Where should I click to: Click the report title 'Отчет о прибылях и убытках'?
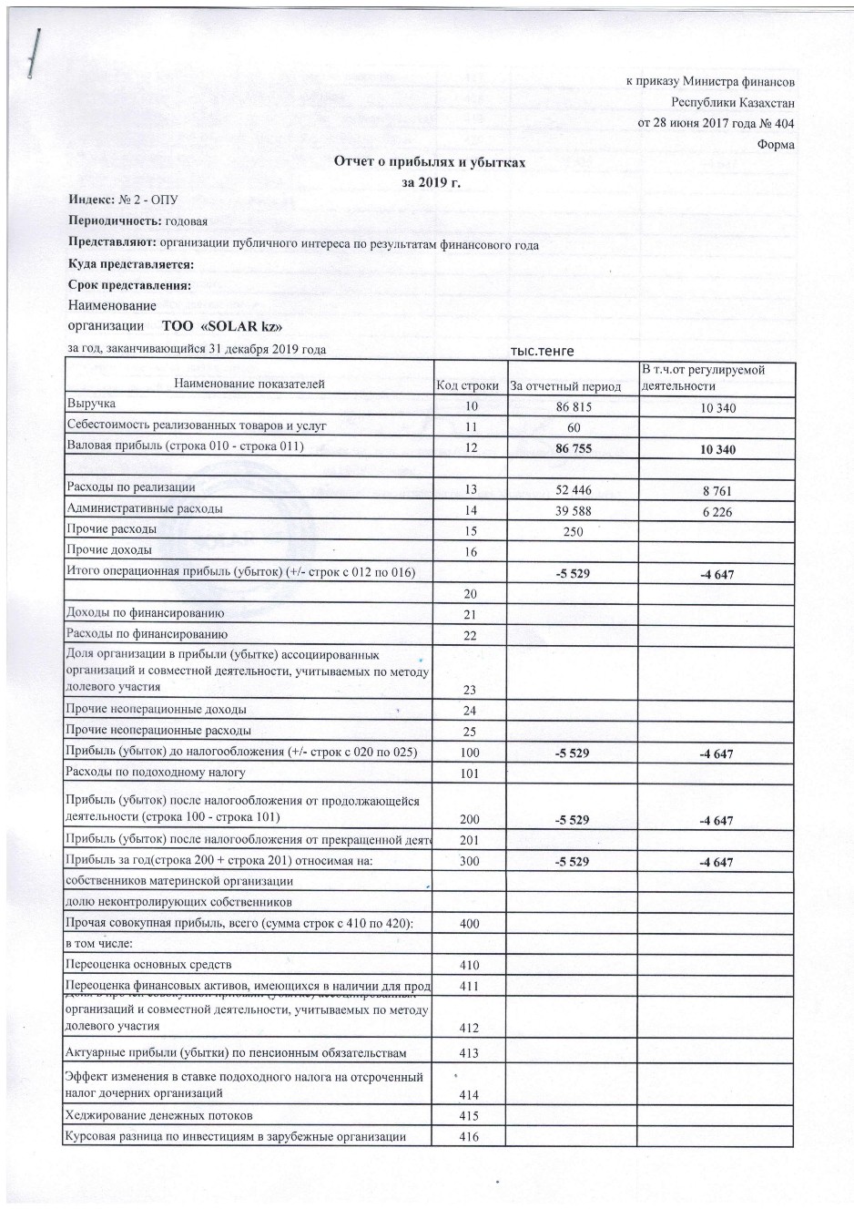click(430, 162)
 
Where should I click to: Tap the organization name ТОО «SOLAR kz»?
click(227, 326)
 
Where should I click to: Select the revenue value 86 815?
click(573, 406)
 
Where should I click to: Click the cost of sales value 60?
click(573, 427)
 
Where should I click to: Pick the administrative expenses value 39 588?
click(573, 511)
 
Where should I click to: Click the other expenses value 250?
click(573, 532)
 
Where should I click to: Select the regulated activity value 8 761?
click(717, 491)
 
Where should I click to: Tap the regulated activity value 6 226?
click(717, 512)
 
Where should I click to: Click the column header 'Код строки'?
click(468, 386)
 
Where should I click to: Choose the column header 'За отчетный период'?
click(565, 386)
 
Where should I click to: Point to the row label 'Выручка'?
click(91, 403)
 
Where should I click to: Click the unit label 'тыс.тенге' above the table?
click(543, 352)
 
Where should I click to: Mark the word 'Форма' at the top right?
click(775, 145)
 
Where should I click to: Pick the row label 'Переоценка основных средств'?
click(148, 964)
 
